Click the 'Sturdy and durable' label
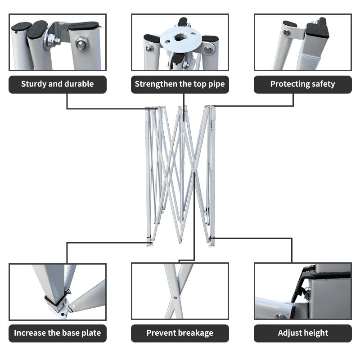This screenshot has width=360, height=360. (x=58, y=84)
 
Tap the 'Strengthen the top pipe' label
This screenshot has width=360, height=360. (x=180, y=84)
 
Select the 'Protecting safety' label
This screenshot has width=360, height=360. (x=302, y=84)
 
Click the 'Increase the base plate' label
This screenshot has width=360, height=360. (x=58, y=333)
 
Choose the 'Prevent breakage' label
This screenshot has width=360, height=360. (x=180, y=333)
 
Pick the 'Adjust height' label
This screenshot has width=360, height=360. (x=302, y=333)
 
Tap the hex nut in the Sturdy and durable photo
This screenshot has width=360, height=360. (x=81, y=44)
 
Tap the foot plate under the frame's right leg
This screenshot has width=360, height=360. (x=211, y=245)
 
